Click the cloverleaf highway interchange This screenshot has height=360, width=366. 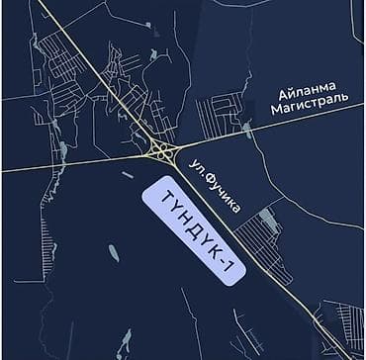pyautogui.click(x=161, y=151)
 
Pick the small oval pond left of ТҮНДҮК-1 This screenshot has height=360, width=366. pyautogui.click(x=114, y=253)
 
